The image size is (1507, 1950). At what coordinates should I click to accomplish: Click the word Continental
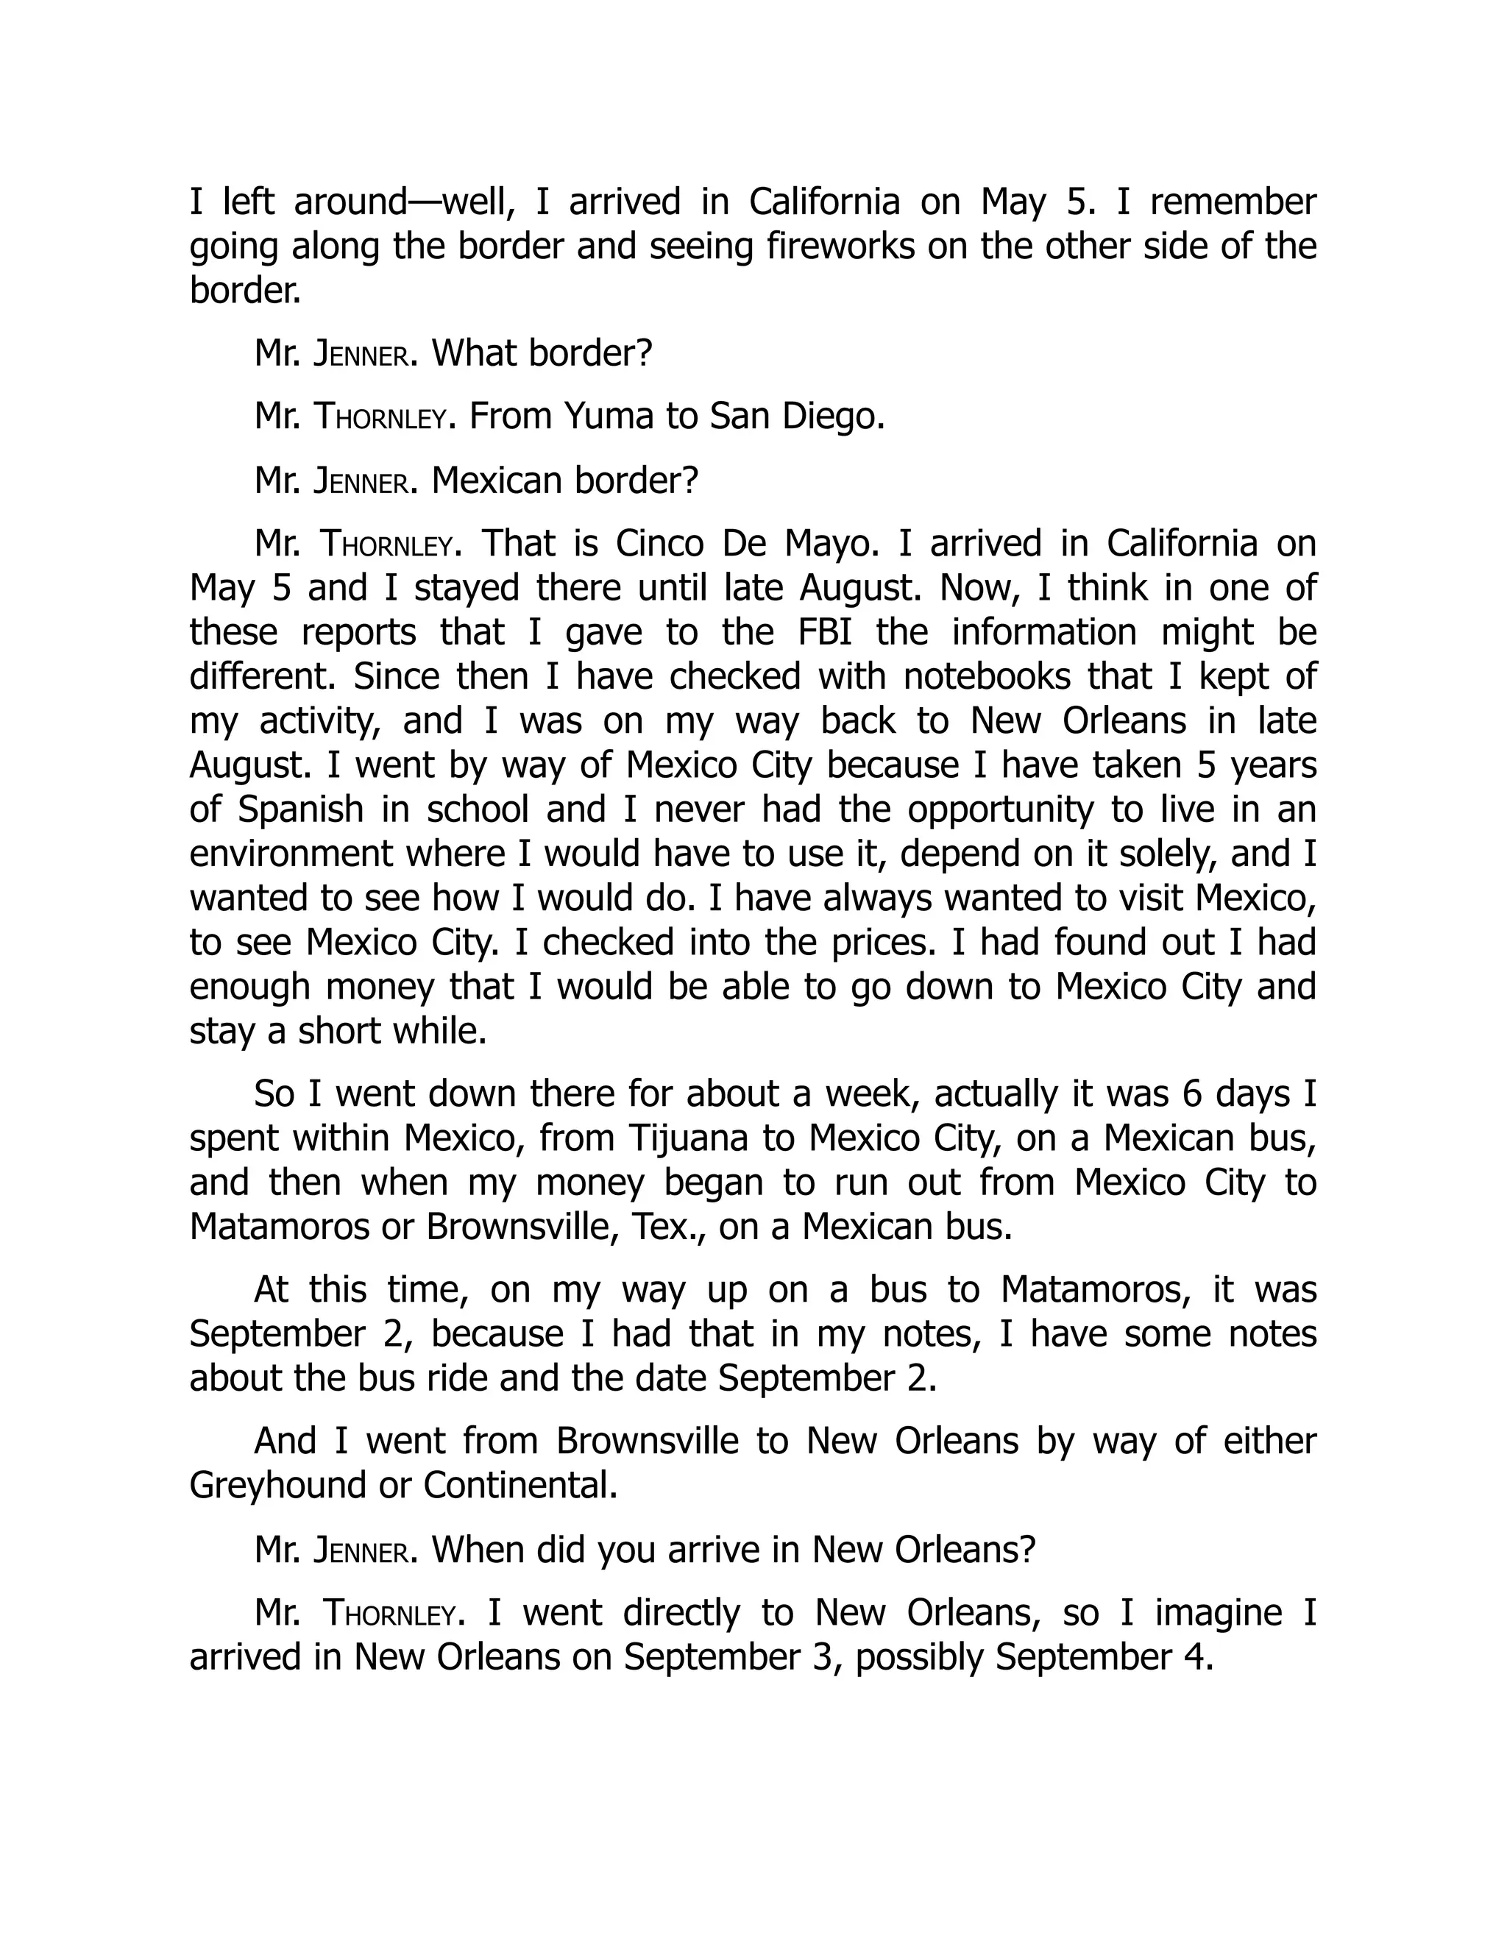pyautogui.click(x=520, y=1485)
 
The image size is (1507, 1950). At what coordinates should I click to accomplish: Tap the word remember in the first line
pyautogui.click(x=1233, y=202)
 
